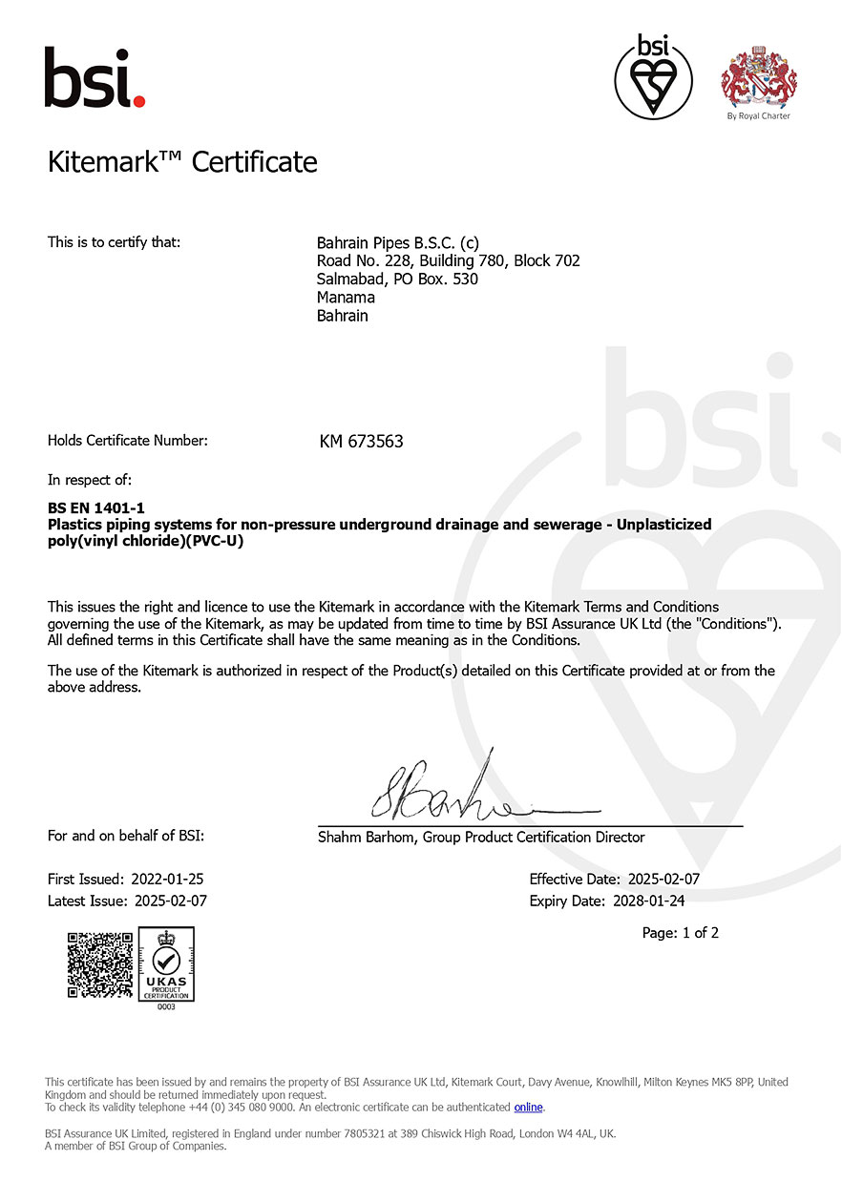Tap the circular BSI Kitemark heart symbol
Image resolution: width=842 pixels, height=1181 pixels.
click(x=646, y=76)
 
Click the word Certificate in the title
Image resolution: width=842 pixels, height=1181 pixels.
click(x=254, y=162)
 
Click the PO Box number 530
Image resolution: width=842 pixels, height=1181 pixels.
click(x=465, y=280)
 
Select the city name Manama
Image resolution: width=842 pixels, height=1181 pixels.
click(x=346, y=298)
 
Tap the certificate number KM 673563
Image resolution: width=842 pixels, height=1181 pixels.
click(x=361, y=442)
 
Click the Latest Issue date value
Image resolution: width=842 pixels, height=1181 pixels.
click(x=170, y=901)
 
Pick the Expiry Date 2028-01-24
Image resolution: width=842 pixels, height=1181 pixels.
click(x=648, y=901)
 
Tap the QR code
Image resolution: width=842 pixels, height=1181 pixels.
click(x=99, y=965)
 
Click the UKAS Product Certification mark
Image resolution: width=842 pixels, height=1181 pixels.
click(x=166, y=965)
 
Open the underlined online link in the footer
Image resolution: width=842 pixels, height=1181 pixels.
click(x=528, y=1108)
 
